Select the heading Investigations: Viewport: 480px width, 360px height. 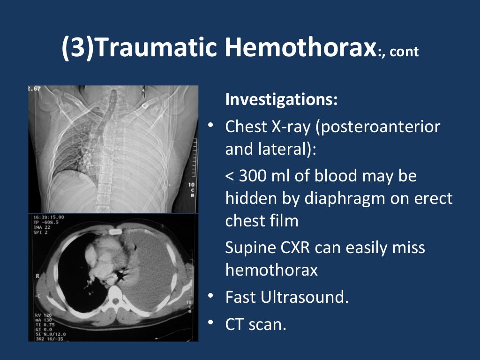(281, 100)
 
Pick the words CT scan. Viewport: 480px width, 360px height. (255, 324)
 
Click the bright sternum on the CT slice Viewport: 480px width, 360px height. (114, 232)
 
